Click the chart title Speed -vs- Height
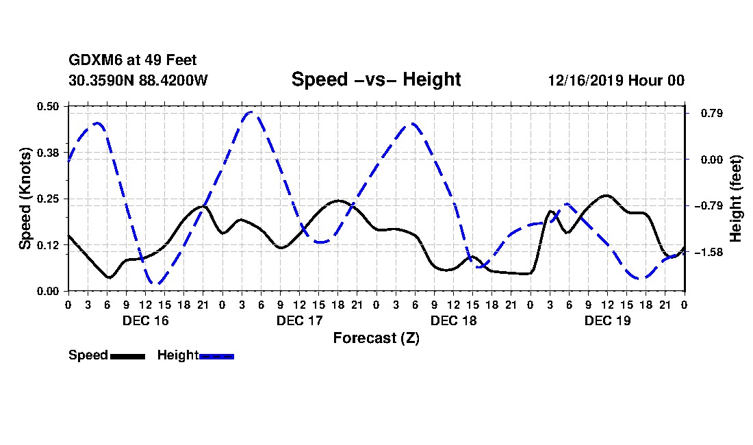[x=376, y=79]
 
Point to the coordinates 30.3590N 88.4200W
[x=138, y=80]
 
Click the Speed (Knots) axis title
[x=25, y=198]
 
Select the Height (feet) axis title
[x=736, y=199]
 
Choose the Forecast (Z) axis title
[x=376, y=338]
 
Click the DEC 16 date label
[x=145, y=320]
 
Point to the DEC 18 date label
[x=453, y=320]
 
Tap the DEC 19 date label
[x=607, y=320]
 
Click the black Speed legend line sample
[x=127, y=356]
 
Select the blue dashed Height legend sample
[x=216, y=356]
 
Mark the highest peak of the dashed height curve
[x=252, y=112]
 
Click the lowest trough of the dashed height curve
[x=157, y=283]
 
